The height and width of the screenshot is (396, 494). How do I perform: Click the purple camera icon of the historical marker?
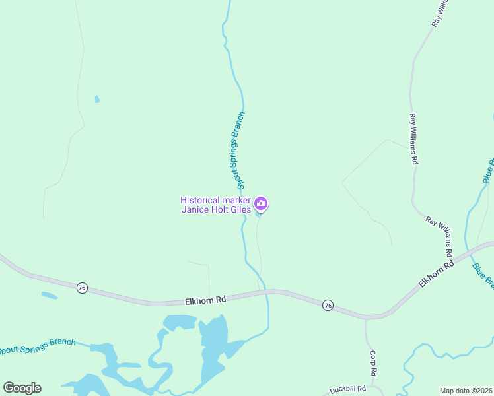(261, 203)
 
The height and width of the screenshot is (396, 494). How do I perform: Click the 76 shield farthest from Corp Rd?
(82, 288)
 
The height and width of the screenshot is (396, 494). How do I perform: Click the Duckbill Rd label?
(348, 389)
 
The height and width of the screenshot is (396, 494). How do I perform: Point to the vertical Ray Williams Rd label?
(413, 139)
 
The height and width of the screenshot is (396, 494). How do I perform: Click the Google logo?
(22, 387)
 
